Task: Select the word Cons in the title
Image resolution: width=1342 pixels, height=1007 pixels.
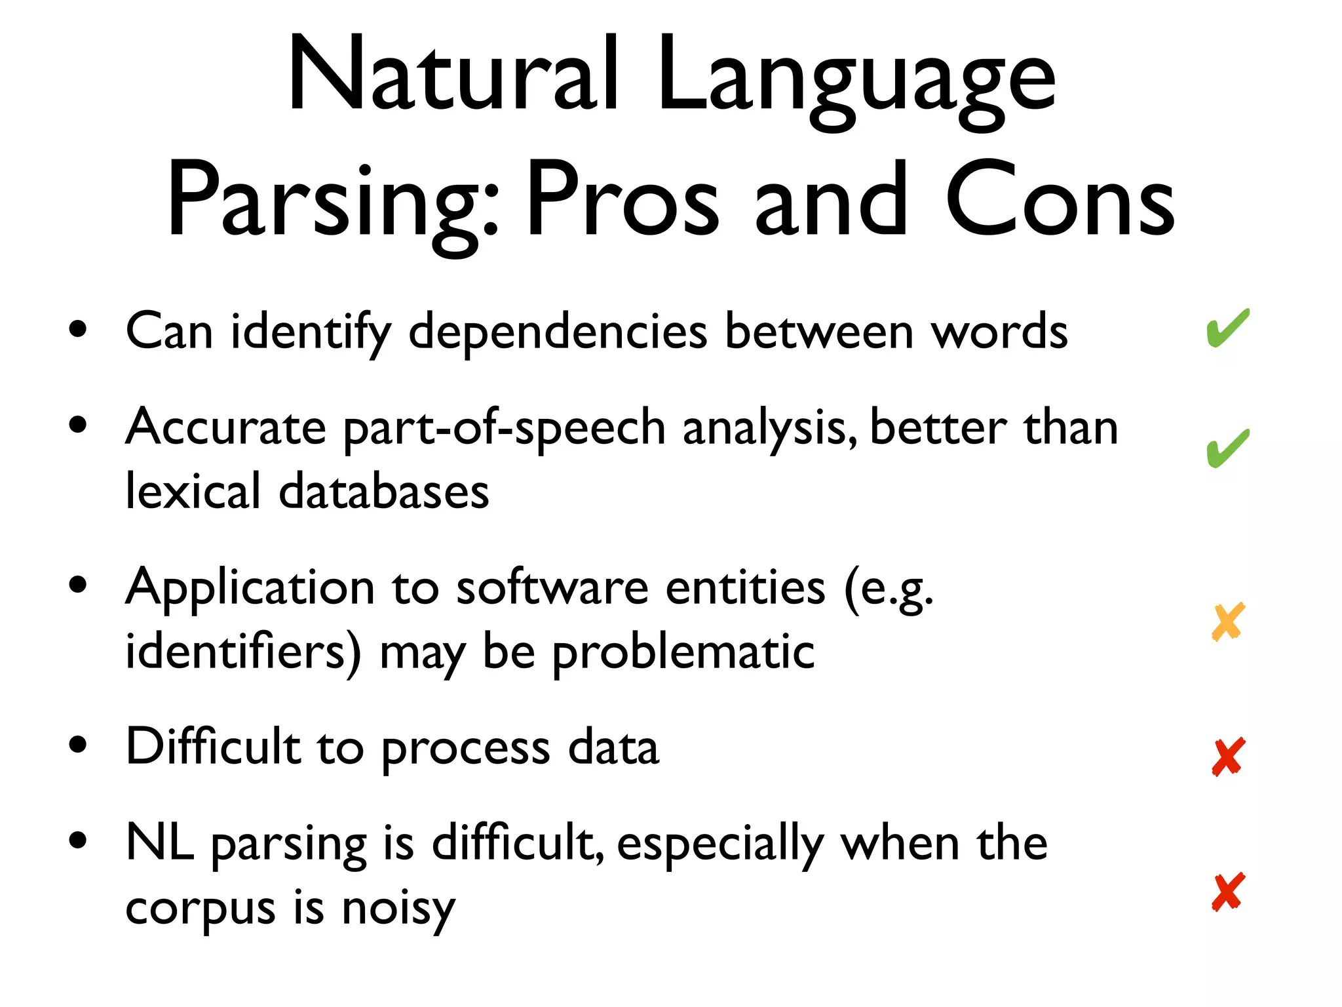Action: (x=1060, y=200)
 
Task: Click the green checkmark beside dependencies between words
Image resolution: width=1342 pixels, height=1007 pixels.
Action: (x=1227, y=328)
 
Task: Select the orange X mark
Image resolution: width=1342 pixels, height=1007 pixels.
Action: (x=1227, y=622)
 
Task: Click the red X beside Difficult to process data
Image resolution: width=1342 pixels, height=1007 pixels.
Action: (x=1227, y=757)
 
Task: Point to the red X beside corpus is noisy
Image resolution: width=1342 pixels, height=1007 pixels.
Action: (x=1227, y=892)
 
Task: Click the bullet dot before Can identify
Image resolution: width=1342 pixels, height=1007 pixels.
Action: (x=78, y=330)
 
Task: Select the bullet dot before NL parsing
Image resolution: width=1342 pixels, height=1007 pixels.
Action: (x=78, y=840)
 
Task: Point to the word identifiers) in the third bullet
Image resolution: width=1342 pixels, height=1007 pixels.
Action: (x=243, y=652)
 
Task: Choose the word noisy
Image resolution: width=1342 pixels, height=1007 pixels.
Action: (x=398, y=910)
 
